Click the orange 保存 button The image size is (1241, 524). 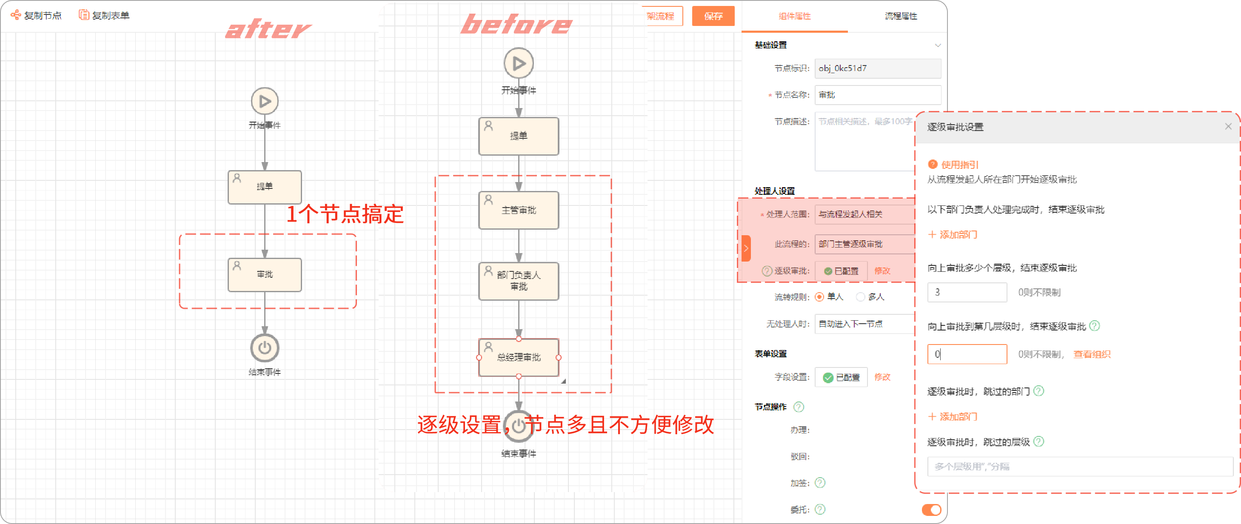[713, 16]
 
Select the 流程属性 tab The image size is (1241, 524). [900, 16]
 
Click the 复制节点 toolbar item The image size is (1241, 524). [36, 15]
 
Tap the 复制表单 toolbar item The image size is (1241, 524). [104, 15]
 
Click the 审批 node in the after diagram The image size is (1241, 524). [265, 274]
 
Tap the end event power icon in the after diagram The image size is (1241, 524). [265, 348]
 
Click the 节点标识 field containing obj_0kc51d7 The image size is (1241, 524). [877, 68]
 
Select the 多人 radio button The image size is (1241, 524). [860, 297]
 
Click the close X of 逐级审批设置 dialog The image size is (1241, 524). [1228, 126]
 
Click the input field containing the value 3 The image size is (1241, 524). [967, 292]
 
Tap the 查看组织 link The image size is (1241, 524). [1092, 354]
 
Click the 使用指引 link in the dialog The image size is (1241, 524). [959, 165]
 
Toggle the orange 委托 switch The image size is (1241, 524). [931, 510]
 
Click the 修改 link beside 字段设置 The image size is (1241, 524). [882, 377]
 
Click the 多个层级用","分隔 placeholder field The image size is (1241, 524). [1080, 467]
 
